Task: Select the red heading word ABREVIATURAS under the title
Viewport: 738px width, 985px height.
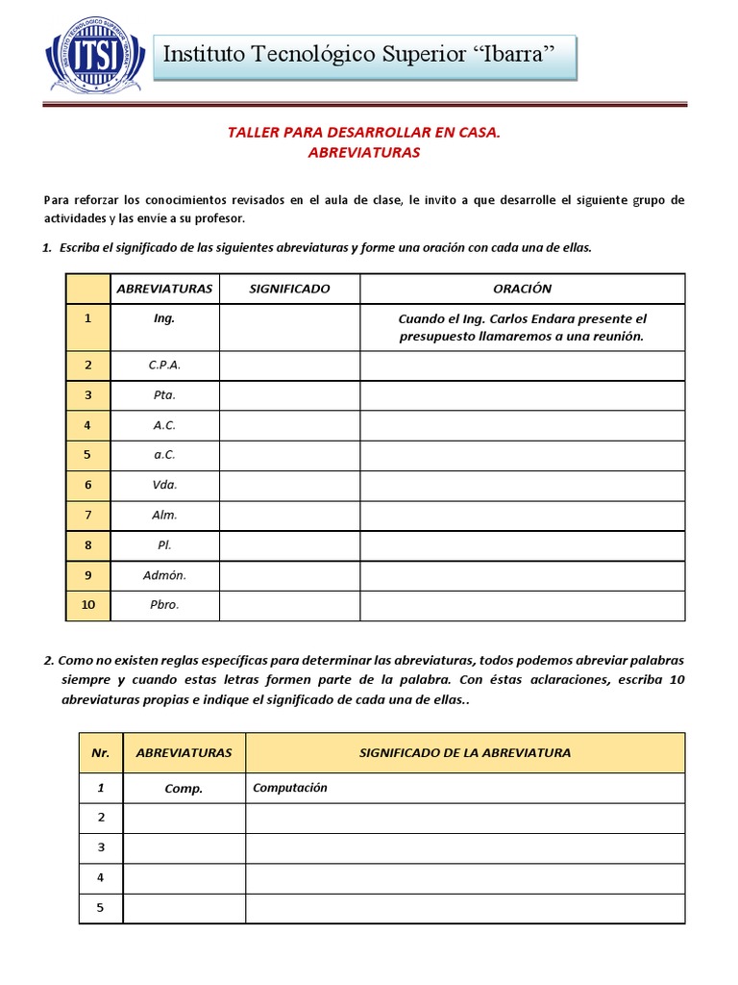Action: coord(364,152)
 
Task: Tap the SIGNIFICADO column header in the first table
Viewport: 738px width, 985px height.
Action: coord(289,289)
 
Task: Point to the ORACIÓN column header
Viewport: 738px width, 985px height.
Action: coord(522,289)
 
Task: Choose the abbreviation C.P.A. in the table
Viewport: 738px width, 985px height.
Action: coord(164,365)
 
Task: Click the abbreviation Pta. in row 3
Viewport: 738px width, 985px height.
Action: coord(164,394)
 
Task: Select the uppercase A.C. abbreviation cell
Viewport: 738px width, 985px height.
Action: coord(164,424)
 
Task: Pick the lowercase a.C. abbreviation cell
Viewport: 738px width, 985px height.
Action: coord(164,454)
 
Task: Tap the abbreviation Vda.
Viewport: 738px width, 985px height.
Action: coord(164,485)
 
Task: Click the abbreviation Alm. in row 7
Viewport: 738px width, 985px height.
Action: coord(164,515)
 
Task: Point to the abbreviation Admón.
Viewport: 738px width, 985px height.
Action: coord(164,575)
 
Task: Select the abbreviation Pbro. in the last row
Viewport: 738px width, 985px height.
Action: coord(164,605)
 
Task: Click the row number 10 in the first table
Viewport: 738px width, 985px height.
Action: coord(87,605)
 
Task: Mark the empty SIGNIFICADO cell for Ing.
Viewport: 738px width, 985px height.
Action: coord(289,327)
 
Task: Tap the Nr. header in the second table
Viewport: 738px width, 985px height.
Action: coord(101,752)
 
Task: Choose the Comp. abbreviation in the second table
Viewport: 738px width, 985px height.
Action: coord(184,788)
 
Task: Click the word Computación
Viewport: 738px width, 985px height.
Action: coord(290,787)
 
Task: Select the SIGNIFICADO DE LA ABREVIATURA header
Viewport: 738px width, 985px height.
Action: coord(465,752)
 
